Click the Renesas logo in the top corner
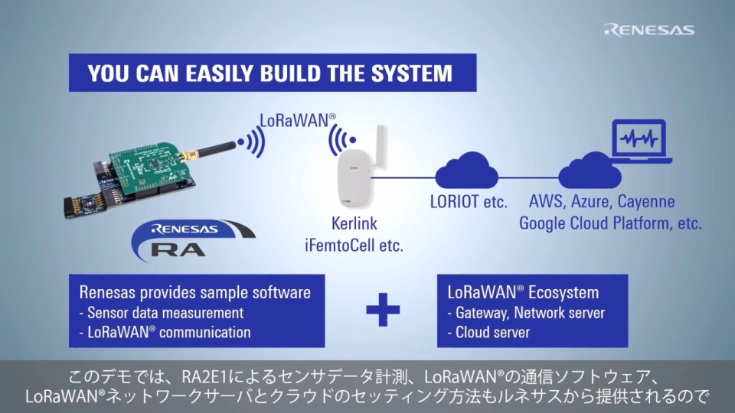649,30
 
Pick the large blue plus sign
383,312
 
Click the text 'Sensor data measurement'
165,313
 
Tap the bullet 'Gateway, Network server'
529,313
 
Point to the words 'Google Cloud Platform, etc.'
610,223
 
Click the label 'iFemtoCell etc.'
354,246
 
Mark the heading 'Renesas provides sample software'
195,292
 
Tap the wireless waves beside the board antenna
252,141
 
